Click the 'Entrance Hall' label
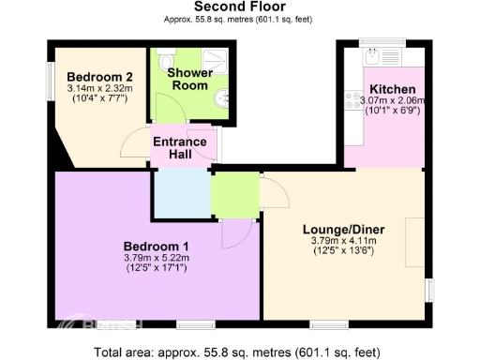[x=179, y=148]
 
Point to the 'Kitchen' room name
[x=385, y=90]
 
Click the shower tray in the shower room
[x=216, y=61]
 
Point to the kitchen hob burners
[x=353, y=101]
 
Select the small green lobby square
[x=234, y=195]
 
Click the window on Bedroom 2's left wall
[x=52, y=76]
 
